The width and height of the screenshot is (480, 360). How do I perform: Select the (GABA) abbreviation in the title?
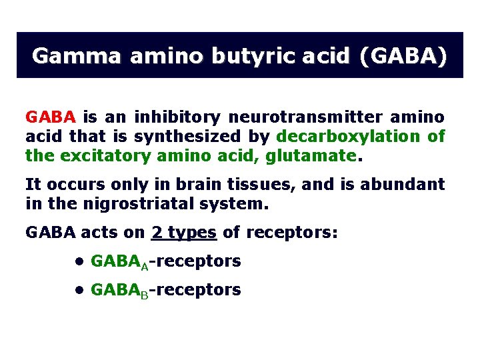click(403, 55)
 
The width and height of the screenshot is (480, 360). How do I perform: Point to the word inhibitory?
click(177, 117)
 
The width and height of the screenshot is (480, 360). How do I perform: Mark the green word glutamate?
click(316, 156)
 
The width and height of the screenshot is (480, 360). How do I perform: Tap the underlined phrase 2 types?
click(184, 233)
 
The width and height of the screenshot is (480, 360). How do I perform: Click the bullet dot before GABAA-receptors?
click(79, 261)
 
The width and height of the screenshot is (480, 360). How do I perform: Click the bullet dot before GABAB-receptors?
click(79, 290)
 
